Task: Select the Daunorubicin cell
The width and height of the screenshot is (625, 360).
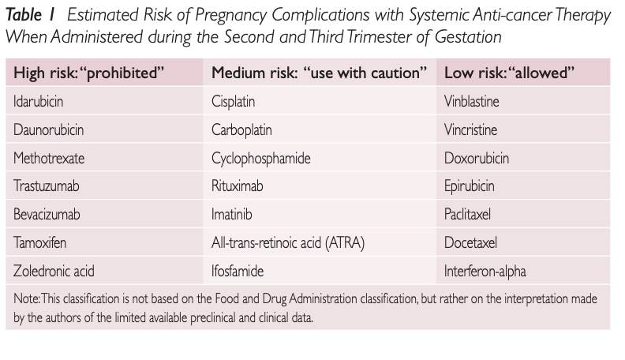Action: click(x=48, y=129)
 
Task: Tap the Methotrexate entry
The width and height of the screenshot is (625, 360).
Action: click(x=49, y=158)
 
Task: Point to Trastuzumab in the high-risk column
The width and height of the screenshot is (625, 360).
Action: click(x=47, y=186)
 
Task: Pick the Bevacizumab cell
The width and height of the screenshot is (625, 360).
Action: click(x=47, y=215)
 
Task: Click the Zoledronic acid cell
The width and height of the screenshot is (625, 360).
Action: click(x=54, y=272)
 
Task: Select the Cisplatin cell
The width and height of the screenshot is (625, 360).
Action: click(x=234, y=102)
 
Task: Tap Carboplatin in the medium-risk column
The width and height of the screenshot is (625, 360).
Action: click(x=241, y=129)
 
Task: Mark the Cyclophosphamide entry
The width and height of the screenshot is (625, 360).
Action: click(x=261, y=158)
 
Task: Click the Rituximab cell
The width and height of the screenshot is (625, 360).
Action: click(x=238, y=186)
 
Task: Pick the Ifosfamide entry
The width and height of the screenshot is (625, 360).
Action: click(x=238, y=272)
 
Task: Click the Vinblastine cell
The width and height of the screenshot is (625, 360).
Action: click(x=472, y=102)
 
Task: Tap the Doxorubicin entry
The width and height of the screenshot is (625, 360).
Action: click(x=477, y=158)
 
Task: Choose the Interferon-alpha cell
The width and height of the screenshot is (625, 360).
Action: click(x=485, y=272)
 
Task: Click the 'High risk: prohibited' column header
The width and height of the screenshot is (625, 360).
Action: click(x=88, y=73)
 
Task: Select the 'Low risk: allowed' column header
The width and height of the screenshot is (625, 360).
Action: click(x=509, y=73)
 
